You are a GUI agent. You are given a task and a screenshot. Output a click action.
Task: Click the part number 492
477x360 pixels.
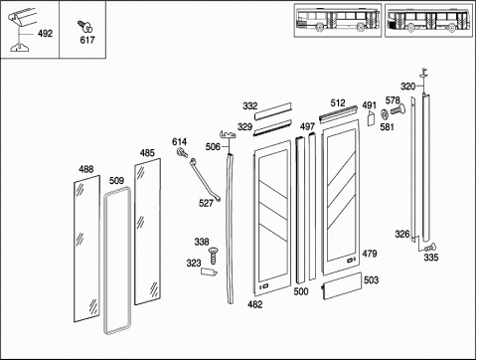tap(45, 34)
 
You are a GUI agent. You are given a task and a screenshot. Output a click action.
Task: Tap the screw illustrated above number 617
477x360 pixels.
tap(84, 26)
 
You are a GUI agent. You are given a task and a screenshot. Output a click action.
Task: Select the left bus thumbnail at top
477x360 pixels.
tap(338, 20)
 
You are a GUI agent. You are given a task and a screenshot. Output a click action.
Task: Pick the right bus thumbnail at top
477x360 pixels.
tap(429, 20)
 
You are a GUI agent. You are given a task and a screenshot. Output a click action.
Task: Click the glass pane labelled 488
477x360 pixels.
tap(86, 249)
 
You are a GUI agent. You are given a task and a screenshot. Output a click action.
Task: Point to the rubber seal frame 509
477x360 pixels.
tap(105, 262)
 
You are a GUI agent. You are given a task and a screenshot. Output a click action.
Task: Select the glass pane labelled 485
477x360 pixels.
tap(148, 232)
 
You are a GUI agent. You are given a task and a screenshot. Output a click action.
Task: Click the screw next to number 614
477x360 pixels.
tap(182, 153)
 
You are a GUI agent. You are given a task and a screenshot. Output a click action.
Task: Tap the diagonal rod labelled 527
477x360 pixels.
tap(205, 180)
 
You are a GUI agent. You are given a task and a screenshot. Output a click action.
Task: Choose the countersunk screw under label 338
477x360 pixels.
tap(213, 256)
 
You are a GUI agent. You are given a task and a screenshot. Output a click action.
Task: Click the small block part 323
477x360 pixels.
tap(209, 271)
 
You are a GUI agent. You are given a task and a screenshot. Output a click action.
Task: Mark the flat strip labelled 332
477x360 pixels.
tap(273, 111)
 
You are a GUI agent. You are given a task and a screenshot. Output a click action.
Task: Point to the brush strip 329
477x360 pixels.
tap(272, 127)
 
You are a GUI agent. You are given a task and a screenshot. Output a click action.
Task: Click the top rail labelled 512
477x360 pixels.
tap(338, 113)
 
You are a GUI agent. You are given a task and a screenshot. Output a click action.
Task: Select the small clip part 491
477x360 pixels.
tap(371, 118)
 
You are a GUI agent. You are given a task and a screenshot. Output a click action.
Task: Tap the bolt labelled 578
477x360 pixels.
tap(397, 109)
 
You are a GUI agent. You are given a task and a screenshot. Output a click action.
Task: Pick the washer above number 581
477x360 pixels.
tap(385, 114)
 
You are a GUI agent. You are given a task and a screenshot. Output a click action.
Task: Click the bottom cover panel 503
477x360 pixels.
tap(342, 285)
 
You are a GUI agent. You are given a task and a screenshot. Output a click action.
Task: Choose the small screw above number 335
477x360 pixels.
tap(430, 247)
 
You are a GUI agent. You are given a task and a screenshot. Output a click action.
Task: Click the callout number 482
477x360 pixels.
tap(255, 304)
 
